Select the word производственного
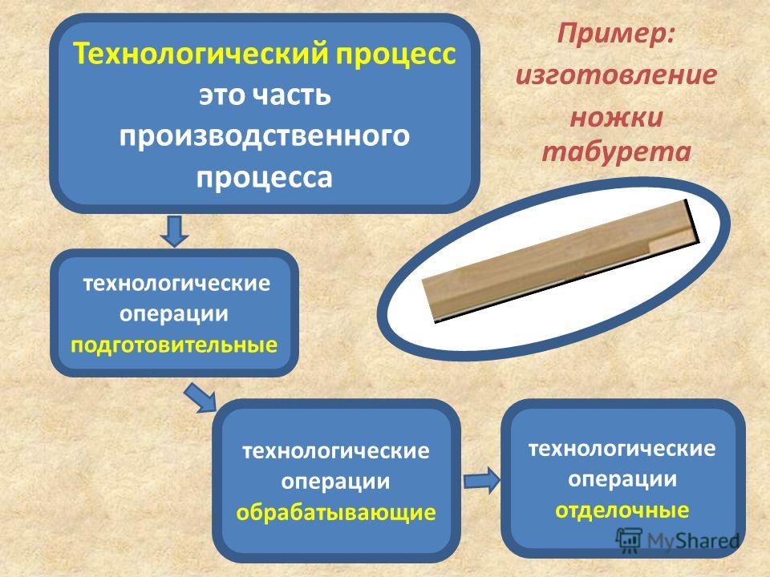pyautogui.click(x=264, y=135)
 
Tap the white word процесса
pyautogui.click(x=264, y=177)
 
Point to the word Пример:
pyautogui.click(x=616, y=35)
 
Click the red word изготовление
pyautogui.click(x=616, y=75)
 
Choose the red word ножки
pyautogui.click(x=616, y=118)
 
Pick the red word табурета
pyautogui.click(x=616, y=151)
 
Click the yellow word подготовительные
pyautogui.click(x=174, y=345)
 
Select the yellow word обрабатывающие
pyautogui.click(x=336, y=512)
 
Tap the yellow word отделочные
pyautogui.click(x=622, y=510)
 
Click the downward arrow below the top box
pyautogui.click(x=174, y=231)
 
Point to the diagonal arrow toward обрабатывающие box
pyautogui.click(x=201, y=397)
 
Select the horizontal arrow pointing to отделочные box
pyautogui.click(x=482, y=480)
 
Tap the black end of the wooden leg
pyautogui.click(x=692, y=222)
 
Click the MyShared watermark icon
pyautogui.click(x=629, y=540)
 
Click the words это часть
pyautogui.click(x=264, y=95)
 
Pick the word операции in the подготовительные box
pyautogui.click(x=174, y=314)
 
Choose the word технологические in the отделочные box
pyautogui.click(x=622, y=449)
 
